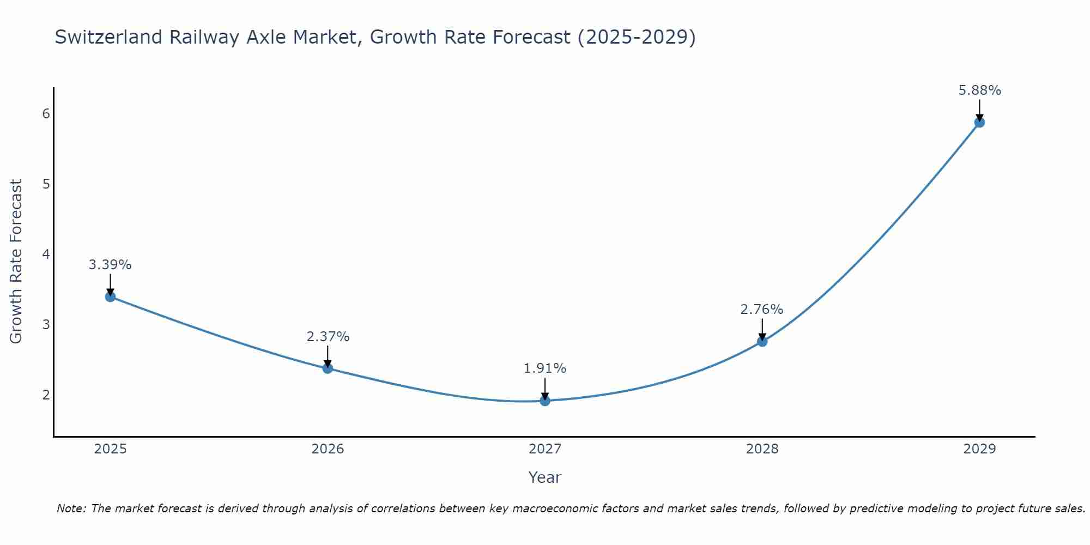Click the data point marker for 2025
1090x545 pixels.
click(x=110, y=296)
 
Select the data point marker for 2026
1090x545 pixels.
click(x=328, y=368)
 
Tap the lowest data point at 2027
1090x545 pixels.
click(x=545, y=401)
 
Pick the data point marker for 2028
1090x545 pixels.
click(x=762, y=342)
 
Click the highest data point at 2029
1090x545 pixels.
click(x=979, y=122)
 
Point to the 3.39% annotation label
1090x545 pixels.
click(x=110, y=265)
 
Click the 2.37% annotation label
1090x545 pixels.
click(x=328, y=337)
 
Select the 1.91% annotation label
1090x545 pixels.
click(x=545, y=368)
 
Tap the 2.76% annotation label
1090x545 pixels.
click(x=762, y=310)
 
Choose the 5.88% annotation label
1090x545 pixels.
click(x=979, y=90)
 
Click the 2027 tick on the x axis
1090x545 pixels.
click(x=545, y=449)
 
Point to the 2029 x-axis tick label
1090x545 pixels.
click(x=979, y=449)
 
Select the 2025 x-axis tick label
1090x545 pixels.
click(x=110, y=449)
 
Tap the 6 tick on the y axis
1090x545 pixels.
click(x=46, y=113)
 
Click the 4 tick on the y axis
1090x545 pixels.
click(x=46, y=254)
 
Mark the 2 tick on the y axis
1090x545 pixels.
click(x=46, y=395)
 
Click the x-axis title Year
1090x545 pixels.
click(x=544, y=477)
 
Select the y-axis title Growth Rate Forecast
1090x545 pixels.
click(x=16, y=262)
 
